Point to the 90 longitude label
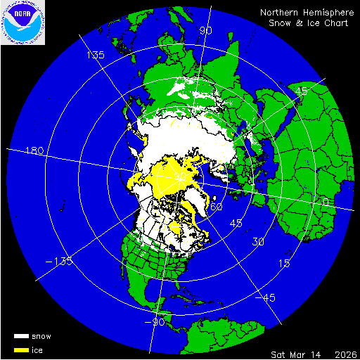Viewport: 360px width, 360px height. tap(205, 31)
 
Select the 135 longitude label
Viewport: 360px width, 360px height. tap(95, 55)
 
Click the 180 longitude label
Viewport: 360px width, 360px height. tap(34, 151)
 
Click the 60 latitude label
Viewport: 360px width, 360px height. tap(216, 207)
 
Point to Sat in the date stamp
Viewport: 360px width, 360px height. tap(280, 353)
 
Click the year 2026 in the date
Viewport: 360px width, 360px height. tap(344, 353)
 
